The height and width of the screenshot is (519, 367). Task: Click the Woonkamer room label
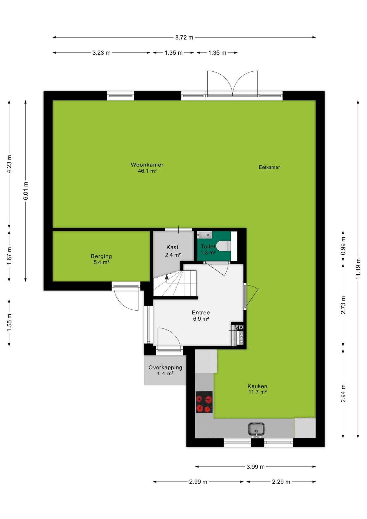coord(147,168)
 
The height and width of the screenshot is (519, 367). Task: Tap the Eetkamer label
coord(269,167)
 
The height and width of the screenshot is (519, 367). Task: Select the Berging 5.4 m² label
coord(101,259)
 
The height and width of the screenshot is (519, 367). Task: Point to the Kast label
coord(172,247)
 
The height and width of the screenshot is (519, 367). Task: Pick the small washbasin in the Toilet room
coord(204,235)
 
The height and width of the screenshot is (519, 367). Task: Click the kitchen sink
coord(256,429)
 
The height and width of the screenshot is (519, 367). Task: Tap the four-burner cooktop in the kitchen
coord(204,402)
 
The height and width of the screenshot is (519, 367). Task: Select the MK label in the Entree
coord(239,328)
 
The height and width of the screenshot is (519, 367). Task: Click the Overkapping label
coord(165,370)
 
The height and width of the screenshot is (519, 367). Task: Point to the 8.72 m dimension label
coord(184,38)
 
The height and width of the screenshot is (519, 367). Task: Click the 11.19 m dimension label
coord(358,269)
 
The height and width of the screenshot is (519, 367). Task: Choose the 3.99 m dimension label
coord(255,467)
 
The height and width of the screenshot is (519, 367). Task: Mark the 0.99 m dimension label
coord(343,246)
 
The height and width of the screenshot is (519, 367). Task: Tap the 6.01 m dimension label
coord(26,191)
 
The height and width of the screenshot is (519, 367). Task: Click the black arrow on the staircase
coord(167,277)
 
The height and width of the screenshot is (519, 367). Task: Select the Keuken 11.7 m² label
coord(257,389)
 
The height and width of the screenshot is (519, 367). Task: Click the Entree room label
coord(201,315)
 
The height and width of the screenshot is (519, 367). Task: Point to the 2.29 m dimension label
coord(281,482)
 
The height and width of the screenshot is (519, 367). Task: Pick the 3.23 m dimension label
coord(101,53)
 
